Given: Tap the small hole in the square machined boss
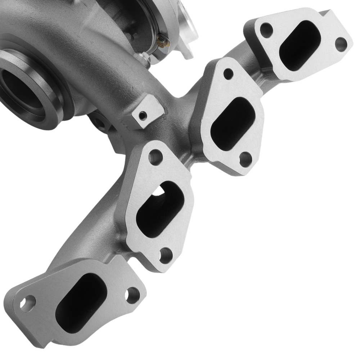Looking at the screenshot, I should [143, 116].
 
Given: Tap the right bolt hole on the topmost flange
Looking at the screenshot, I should [340, 44].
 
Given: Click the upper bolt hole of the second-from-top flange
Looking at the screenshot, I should [228, 74].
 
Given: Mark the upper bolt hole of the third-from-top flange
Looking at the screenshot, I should [156, 157].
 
